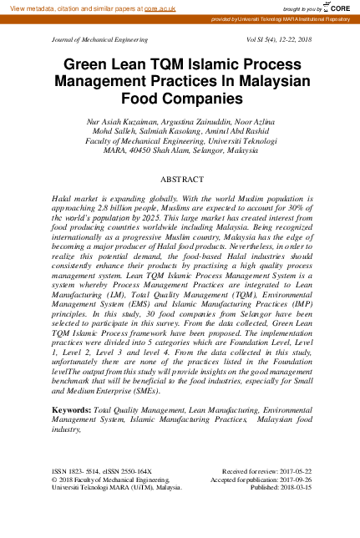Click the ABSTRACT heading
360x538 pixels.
click(180, 180)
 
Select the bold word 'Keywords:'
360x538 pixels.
click(70, 411)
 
